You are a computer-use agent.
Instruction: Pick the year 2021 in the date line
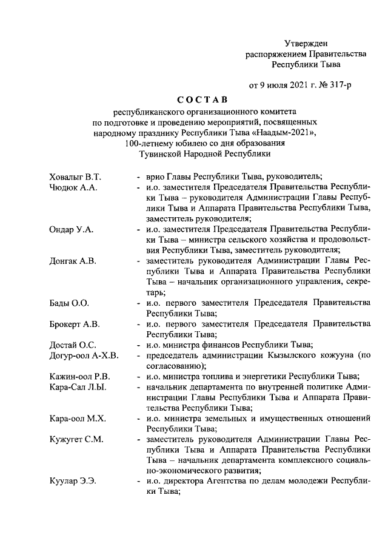[296, 85]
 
